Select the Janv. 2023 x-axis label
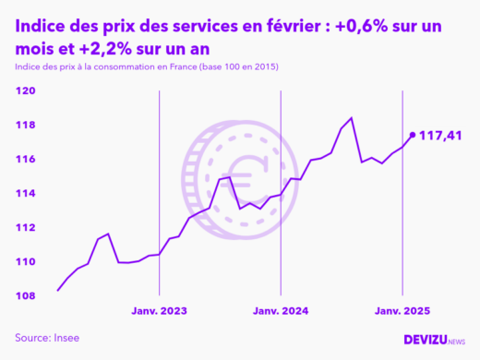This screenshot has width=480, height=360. pyautogui.click(x=160, y=311)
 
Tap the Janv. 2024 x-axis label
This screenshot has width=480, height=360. pyautogui.click(x=281, y=311)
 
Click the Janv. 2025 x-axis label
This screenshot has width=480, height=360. pyautogui.click(x=402, y=311)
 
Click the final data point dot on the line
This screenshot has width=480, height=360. pyautogui.click(x=412, y=135)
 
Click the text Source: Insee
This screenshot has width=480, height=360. pyautogui.click(x=47, y=337)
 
